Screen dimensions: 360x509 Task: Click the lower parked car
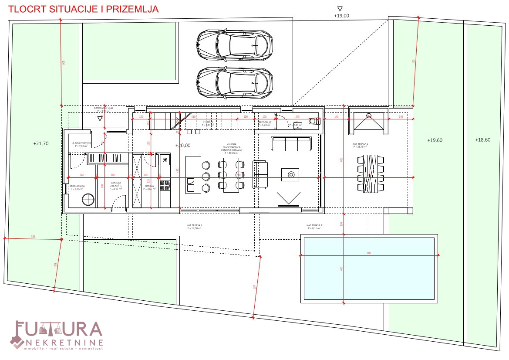pyautogui.click(x=235, y=82)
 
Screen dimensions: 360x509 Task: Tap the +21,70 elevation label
pyautogui.click(x=41, y=143)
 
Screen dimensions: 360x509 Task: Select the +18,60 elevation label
pyautogui.click(x=482, y=140)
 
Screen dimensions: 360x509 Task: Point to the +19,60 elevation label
pyautogui.click(x=435, y=140)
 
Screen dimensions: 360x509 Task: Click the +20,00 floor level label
pyautogui.click(x=183, y=146)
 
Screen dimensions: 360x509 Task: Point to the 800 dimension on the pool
pyautogui.click(x=369, y=253)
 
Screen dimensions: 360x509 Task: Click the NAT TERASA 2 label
pyautogui.click(x=194, y=226)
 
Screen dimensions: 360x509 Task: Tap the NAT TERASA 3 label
pyautogui.click(x=314, y=226)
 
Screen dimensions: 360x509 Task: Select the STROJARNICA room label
pyautogui.click(x=77, y=187)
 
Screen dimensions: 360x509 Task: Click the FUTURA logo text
pyautogui.click(x=59, y=330)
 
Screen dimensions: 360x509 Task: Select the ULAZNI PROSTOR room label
pyautogui.click(x=81, y=144)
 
